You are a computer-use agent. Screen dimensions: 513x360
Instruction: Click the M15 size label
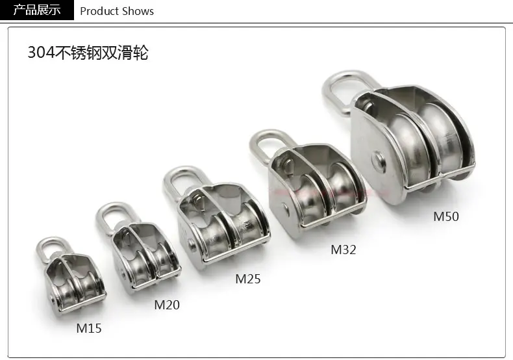[x=89, y=328]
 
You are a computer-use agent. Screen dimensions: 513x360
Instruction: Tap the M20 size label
[x=167, y=305]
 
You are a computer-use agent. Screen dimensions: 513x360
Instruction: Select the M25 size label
[x=248, y=279]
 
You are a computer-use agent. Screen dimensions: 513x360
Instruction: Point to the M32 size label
[x=344, y=250]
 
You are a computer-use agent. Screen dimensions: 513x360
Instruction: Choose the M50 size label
[x=446, y=216]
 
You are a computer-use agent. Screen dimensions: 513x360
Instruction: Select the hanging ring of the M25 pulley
[x=168, y=183]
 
